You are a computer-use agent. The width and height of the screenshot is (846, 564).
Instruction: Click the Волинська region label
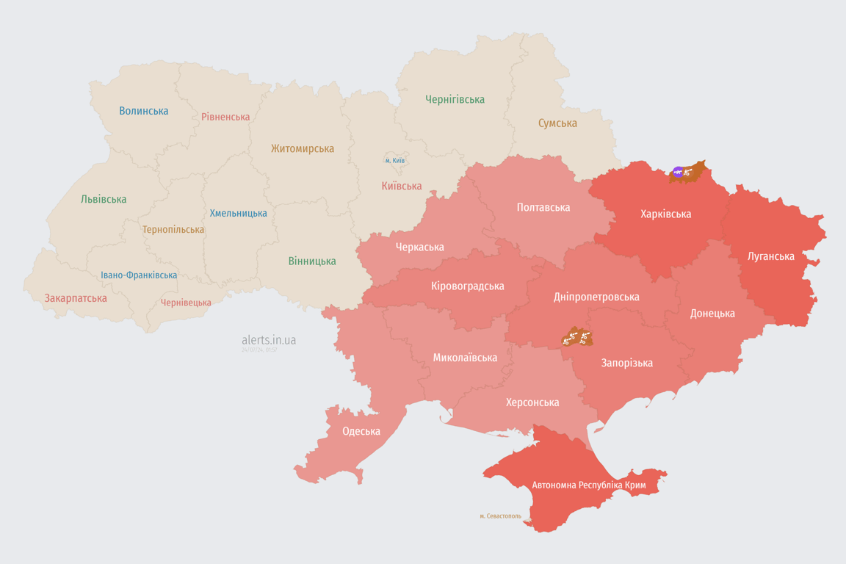click(144, 112)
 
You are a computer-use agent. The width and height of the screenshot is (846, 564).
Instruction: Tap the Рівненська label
click(225, 117)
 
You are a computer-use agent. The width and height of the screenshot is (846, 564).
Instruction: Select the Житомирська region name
click(302, 149)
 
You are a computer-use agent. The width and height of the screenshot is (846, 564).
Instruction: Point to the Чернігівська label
click(455, 100)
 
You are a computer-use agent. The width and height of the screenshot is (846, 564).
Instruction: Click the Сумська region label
click(557, 123)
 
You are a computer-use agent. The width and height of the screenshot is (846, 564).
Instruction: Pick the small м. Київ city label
click(394, 161)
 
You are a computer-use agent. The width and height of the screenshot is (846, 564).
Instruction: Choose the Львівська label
click(104, 200)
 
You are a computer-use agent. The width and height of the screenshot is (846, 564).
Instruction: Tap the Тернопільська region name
click(173, 230)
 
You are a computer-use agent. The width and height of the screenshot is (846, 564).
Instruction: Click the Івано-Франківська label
click(139, 275)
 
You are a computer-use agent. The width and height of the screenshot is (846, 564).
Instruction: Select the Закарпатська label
click(76, 299)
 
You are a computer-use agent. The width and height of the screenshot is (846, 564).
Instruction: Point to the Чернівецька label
click(186, 303)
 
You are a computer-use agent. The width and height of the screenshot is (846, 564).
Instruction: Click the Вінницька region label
click(312, 261)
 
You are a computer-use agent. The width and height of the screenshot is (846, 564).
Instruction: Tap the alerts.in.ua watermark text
click(269, 340)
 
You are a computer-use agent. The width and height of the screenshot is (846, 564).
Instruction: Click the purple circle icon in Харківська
click(678, 173)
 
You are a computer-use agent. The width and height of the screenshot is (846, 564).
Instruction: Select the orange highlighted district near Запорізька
click(576, 338)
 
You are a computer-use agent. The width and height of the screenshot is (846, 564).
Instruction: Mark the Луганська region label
click(770, 257)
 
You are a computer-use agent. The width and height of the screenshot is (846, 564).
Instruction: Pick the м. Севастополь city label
click(500, 516)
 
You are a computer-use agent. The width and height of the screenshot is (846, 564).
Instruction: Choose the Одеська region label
click(361, 432)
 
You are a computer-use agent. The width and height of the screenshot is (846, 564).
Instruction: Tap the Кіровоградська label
click(468, 286)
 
